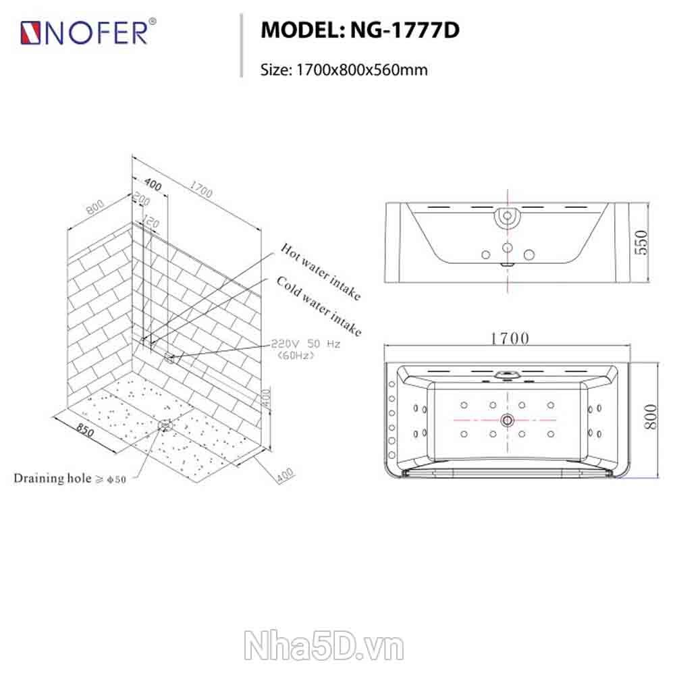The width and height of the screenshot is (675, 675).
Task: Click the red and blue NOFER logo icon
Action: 30,33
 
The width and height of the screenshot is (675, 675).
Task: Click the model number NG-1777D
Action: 404,30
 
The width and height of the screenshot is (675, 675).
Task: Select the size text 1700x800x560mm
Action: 362,70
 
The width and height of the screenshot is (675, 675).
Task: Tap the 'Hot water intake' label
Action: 321,271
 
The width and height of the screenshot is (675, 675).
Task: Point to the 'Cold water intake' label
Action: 319,306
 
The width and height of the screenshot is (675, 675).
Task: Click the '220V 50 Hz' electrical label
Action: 305,344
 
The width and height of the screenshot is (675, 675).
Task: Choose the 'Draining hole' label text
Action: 53,479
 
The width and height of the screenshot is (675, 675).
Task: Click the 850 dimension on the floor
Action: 85,429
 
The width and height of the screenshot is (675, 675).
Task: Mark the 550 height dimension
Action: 641,243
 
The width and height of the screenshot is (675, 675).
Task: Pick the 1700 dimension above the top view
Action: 510,339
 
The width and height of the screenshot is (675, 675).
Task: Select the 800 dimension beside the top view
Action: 651,416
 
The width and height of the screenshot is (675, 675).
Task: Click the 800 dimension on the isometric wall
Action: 95,207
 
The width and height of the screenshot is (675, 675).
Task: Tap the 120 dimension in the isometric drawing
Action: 151,221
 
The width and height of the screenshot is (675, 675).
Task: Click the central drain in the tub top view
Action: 508,420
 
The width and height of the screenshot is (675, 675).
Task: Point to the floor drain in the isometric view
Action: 165,426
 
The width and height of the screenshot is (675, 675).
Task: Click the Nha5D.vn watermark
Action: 324,646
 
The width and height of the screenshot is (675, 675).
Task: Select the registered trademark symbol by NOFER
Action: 152,22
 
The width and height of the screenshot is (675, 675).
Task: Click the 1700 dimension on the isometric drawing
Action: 201,190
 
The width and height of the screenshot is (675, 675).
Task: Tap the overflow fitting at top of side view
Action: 508,216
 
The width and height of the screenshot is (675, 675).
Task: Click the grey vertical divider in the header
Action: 242,46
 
